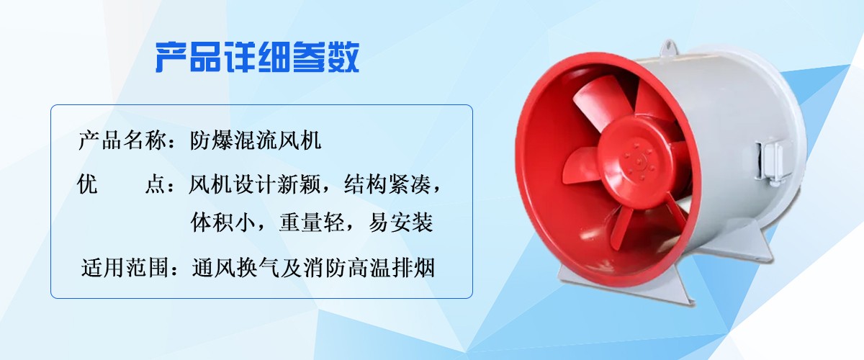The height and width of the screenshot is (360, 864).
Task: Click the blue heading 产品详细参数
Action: coord(257,57)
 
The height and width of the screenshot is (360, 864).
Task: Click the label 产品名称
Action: coord(122,140)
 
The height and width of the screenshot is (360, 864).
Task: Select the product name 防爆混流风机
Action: coord(256,140)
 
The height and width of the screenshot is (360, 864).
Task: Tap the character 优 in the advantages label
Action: coord(88,184)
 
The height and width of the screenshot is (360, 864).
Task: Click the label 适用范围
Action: coord(125,267)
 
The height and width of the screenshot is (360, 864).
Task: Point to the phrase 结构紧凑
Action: coord(387,184)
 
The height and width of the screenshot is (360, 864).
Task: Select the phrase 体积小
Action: coord(223,222)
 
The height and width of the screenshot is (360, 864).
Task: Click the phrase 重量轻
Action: coord(312,222)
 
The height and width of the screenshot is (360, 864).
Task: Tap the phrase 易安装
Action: coord(400,222)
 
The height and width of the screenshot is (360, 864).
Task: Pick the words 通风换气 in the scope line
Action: coord(235,267)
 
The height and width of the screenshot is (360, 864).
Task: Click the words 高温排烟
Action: coord(391,267)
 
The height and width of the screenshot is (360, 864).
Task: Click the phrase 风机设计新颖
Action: coord(255,184)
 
